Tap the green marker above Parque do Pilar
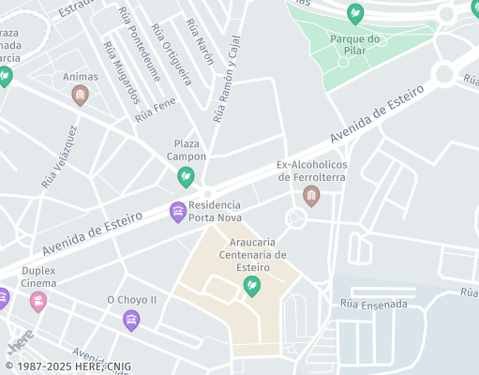[355, 14]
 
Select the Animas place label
[81, 77]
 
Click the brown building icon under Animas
[81, 95]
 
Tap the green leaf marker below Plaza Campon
[186, 176]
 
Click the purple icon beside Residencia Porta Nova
[177, 212]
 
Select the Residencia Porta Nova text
[215, 212]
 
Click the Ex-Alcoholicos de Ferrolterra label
[312, 172]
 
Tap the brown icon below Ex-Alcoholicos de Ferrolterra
[311, 195]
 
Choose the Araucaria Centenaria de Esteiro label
[251, 254]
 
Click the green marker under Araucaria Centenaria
[251, 286]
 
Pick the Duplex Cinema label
[38, 277]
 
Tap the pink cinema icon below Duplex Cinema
[38, 301]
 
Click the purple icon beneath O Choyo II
[131, 321]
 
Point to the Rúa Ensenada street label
[374, 305]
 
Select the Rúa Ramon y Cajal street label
[227, 80]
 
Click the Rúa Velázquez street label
[58, 159]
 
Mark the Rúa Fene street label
[155, 112]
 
